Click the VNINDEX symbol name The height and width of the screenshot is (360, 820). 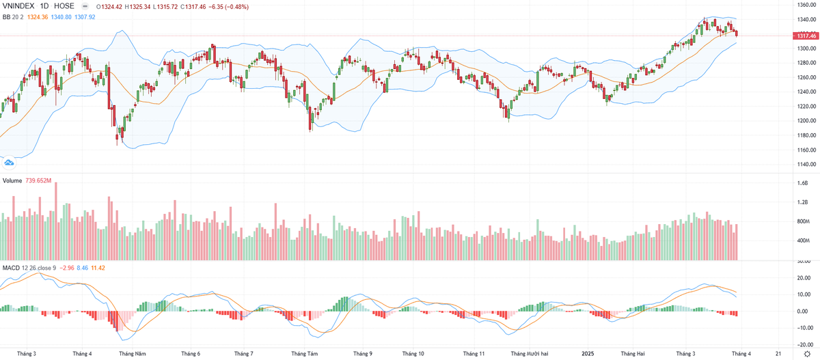(19, 6)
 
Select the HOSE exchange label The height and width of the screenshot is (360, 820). (64, 6)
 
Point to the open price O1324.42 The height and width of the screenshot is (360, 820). (111, 7)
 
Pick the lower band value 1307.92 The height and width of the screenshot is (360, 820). (86, 16)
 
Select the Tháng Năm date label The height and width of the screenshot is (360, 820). (132, 353)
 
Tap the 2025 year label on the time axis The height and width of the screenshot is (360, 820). (587, 353)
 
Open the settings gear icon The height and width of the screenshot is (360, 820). (806, 353)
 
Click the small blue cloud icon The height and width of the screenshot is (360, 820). (9, 162)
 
